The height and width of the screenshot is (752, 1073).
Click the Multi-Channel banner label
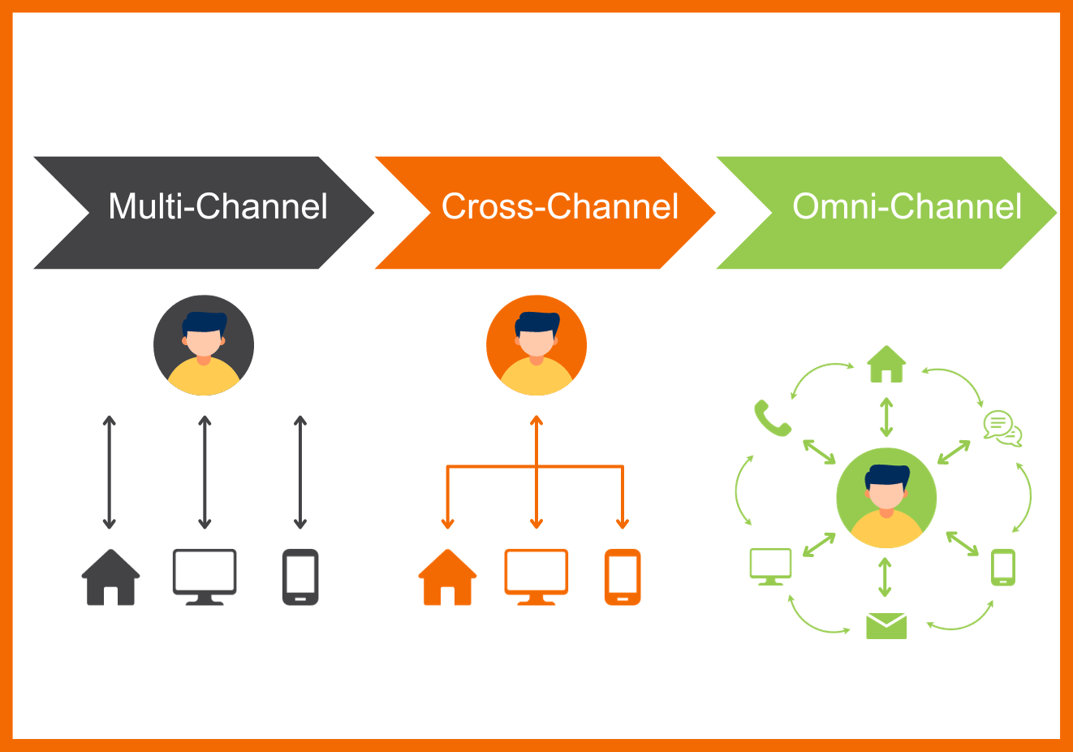point(218,207)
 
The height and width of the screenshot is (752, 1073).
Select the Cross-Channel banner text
point(559,207)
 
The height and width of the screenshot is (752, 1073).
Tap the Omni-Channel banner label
point(906,207)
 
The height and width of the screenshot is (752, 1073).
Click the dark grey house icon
point(111,577)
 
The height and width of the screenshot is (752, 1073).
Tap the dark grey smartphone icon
point(300,577)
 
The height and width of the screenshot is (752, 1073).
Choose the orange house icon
point(447,577)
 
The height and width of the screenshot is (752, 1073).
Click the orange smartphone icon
point(623,577)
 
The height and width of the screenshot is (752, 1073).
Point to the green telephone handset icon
point(772,417)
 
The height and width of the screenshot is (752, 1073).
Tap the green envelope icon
point(886,626)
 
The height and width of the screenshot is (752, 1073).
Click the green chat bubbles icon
point(1002,428)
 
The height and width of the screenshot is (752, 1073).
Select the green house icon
point(886,364)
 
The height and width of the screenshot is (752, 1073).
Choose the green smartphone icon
point(1003,567)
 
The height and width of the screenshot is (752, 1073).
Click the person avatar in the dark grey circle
point(204,345)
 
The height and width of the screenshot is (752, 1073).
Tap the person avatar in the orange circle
point(536,345)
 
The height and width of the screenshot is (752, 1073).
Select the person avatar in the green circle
point(886,498)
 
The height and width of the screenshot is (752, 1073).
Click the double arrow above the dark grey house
point(110,472)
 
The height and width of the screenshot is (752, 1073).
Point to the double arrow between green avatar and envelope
point(886,577)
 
